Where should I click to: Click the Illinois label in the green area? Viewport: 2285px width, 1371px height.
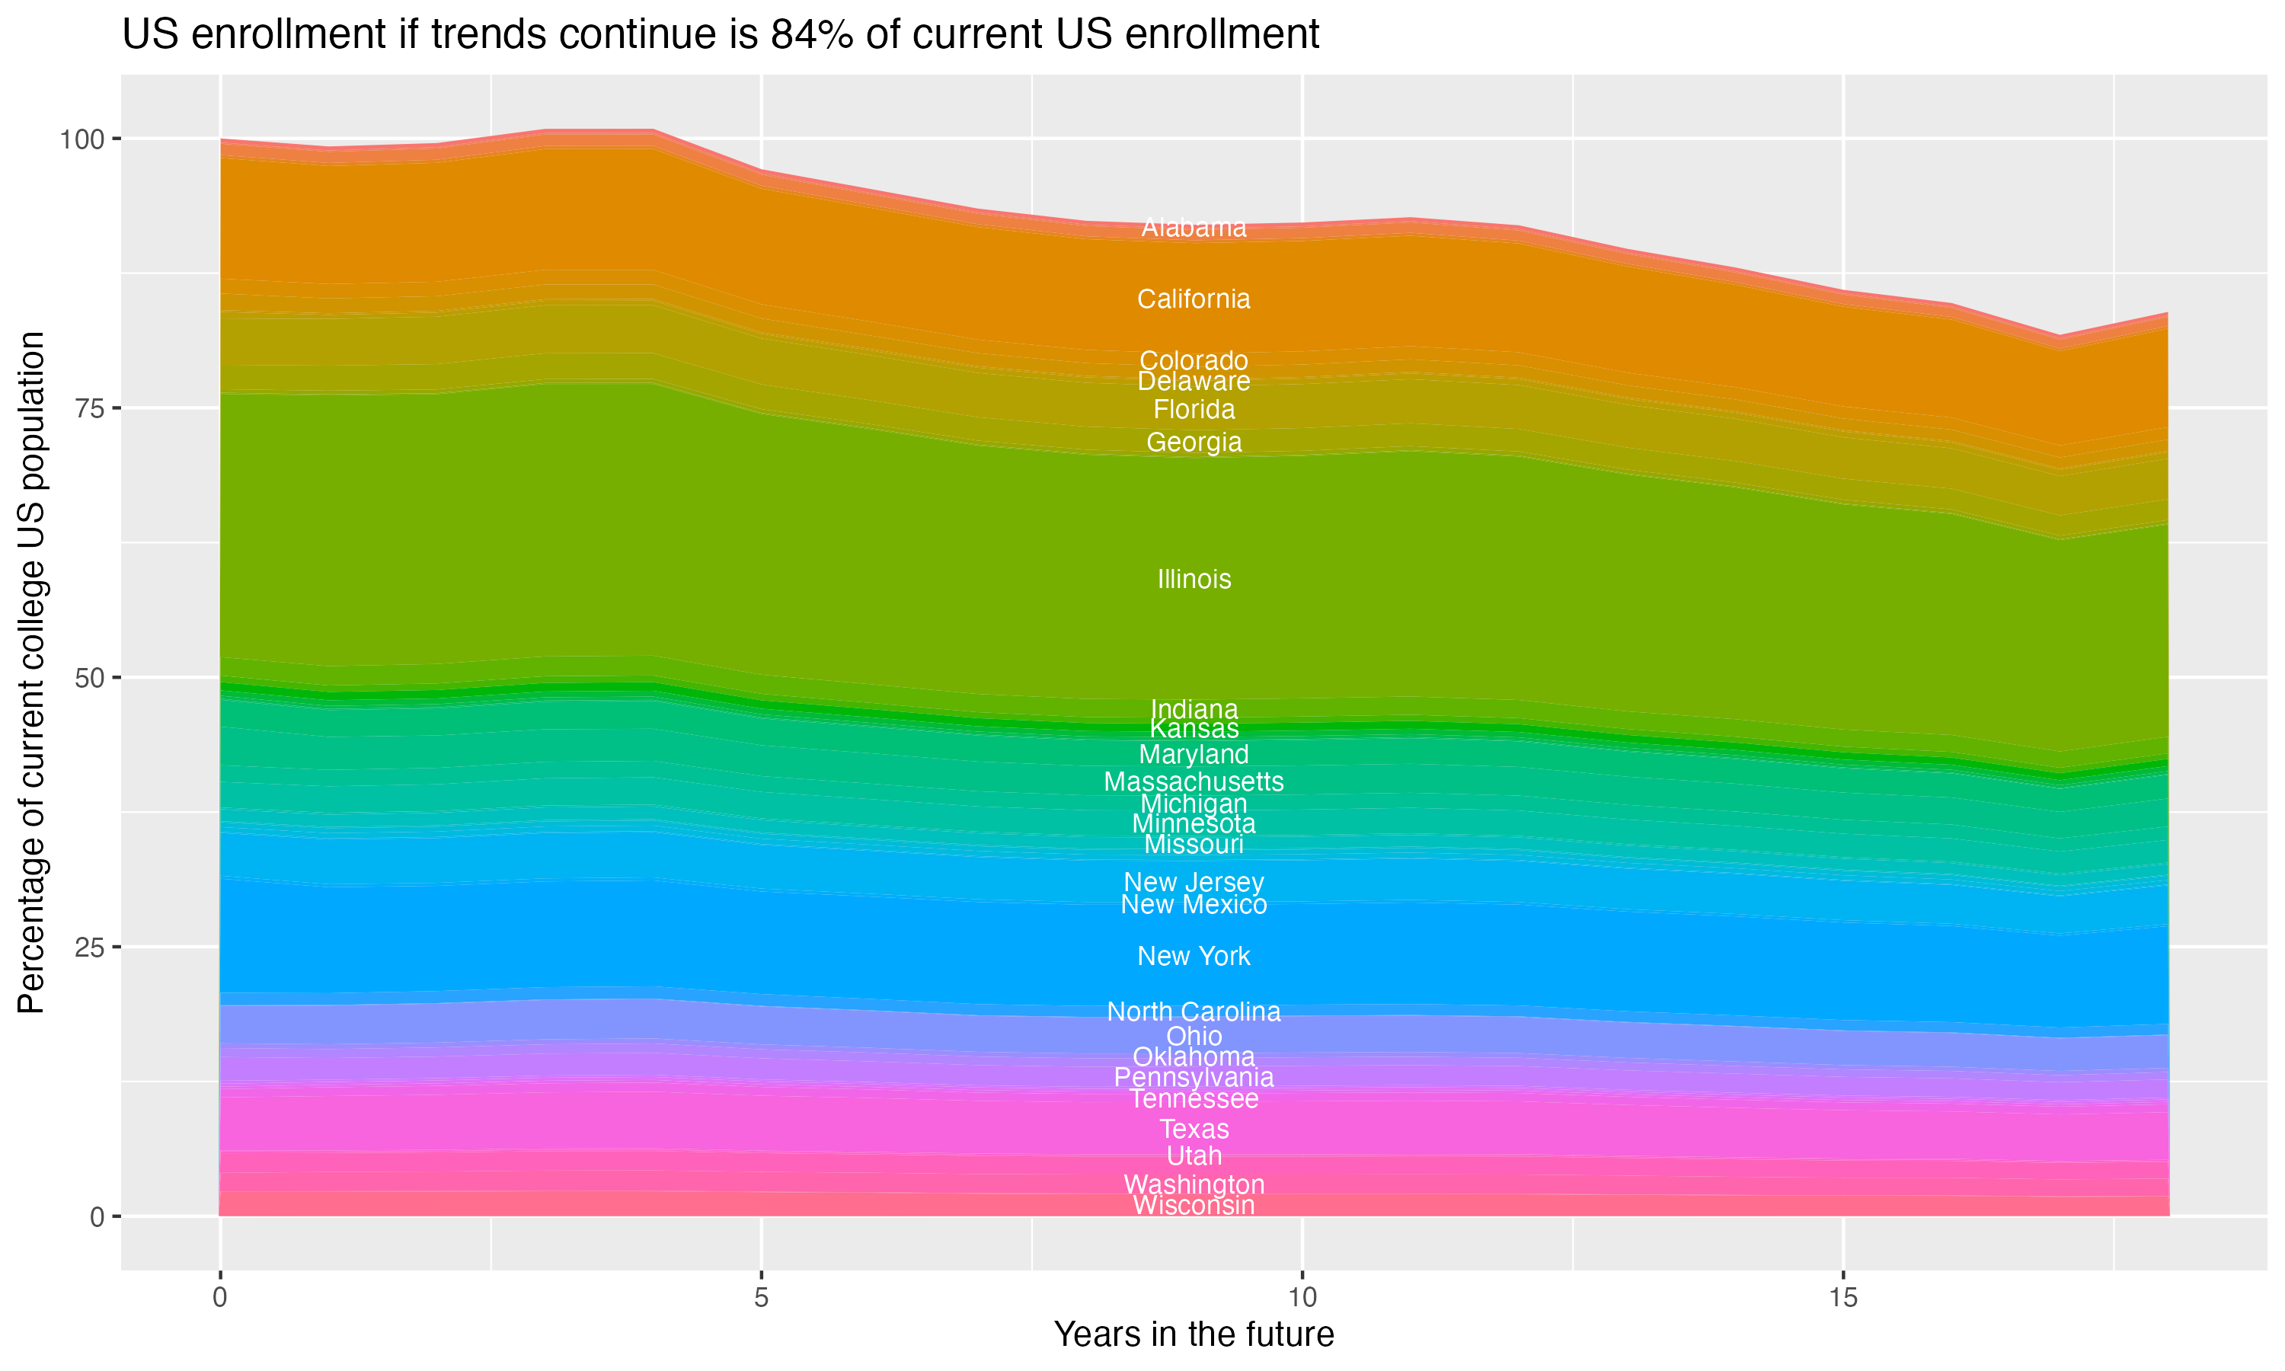point(1194,580)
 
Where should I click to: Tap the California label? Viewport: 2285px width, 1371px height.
point(1194,299)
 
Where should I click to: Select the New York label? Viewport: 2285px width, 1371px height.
point(1194,956)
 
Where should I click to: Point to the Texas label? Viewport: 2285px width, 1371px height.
point(1194,1129)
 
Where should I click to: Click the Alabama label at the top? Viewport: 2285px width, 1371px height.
point(1194,227)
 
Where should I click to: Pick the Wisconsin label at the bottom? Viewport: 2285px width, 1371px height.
point(1194,1206)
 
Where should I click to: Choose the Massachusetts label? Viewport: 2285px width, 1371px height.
point(1194,781)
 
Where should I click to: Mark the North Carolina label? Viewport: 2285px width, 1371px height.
point(1194,1011)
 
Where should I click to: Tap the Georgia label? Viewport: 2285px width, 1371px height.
point(1194,443)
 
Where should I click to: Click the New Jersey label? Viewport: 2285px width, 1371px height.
point(1194,882)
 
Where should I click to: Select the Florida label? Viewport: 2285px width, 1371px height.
point(1194,409)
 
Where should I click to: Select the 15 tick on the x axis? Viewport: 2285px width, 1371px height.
point(1842,1298)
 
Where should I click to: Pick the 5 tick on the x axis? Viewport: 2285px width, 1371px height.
point(761,1298)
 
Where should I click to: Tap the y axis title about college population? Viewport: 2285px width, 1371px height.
point(31,672)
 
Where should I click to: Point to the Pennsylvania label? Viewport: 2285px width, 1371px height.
point(1194,1077)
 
